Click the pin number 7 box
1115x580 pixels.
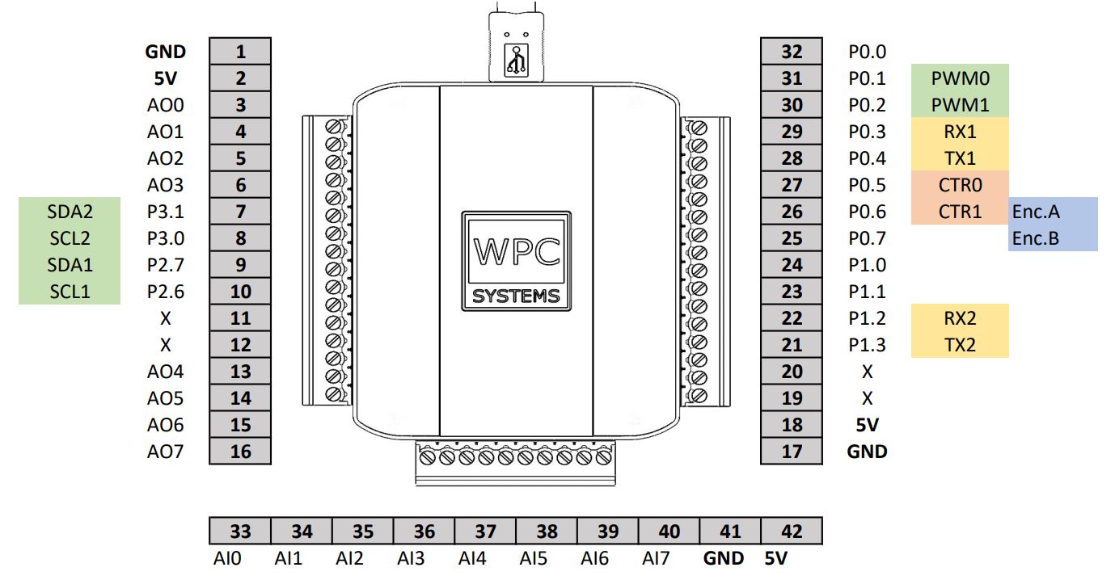coord(240,212)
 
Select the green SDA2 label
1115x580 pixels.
coord(70,212)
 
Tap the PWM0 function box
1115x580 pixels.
coord(960,78)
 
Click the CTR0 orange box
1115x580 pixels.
coord(960,185)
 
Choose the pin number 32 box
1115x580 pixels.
coord(792,52)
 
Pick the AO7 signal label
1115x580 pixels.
coord(165,451)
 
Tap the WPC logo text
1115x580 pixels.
coord(516,252)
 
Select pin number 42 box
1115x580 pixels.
coord(792,531)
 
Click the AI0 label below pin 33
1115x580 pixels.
coord(227,557)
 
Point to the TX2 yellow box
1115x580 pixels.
coord(960,345)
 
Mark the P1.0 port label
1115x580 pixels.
coord(867,265)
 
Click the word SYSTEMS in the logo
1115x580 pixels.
coord(516,296)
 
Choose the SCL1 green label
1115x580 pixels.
coord(70,292)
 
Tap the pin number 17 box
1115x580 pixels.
coord(792,451)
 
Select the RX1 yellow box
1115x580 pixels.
coord(960,132)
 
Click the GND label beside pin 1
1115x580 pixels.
coord(165,52)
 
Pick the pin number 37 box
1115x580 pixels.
coord(485,531)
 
